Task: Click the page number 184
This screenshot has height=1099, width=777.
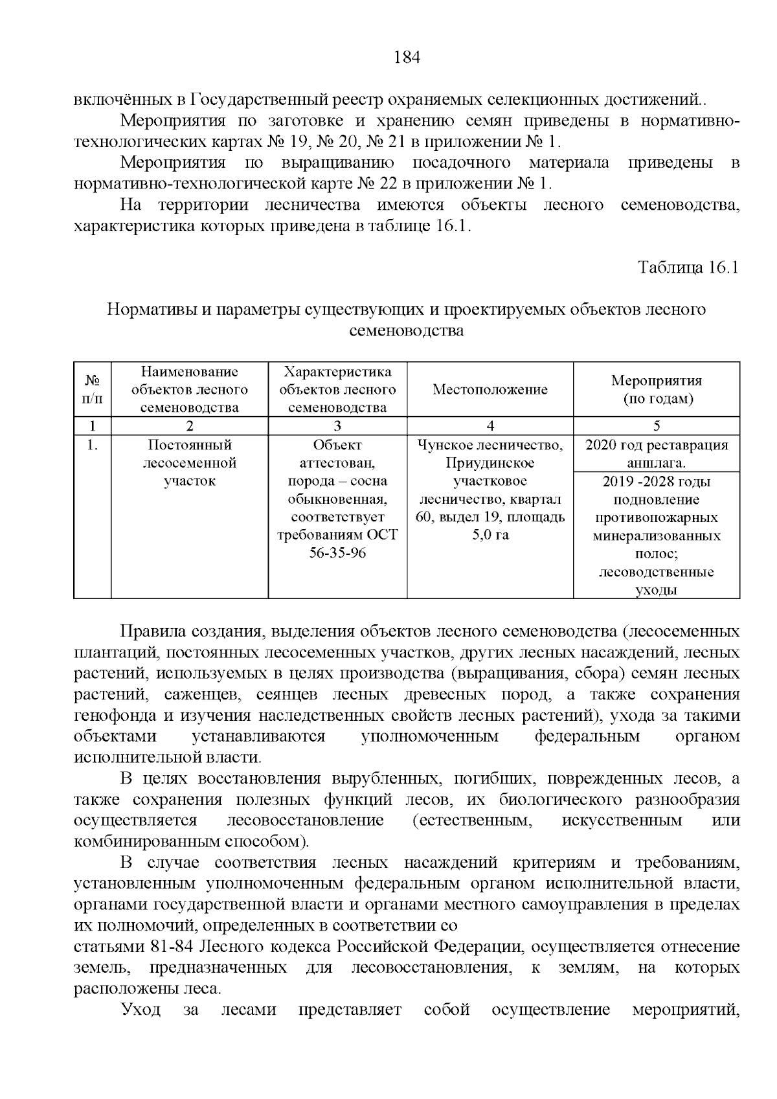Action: tap(407, 58)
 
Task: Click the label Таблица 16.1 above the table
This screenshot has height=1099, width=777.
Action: tap(688, 267)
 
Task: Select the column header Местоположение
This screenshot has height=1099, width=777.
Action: tap(490, 389)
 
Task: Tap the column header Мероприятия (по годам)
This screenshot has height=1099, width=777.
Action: tap(657, 389)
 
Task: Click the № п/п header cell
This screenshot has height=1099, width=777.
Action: tap(93, 389)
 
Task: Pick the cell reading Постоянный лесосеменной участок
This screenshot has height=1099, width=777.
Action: tap(189, 463)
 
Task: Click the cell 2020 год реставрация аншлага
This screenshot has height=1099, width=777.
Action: tap(657, 454)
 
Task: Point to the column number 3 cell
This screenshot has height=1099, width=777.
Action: tap(337, 425)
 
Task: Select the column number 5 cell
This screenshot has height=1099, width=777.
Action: tap(657, 425)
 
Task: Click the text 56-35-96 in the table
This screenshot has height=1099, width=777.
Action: tap(337, 554)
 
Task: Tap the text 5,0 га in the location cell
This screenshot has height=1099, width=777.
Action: tap(490, 536)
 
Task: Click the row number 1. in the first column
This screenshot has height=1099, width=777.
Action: tap(93, 446)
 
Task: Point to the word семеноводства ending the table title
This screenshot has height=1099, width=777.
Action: tap(406, 331)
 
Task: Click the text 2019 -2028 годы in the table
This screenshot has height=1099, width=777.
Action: tap(656, 482)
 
